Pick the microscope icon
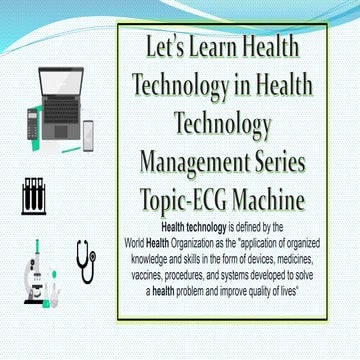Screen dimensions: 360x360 click(36, 270)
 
